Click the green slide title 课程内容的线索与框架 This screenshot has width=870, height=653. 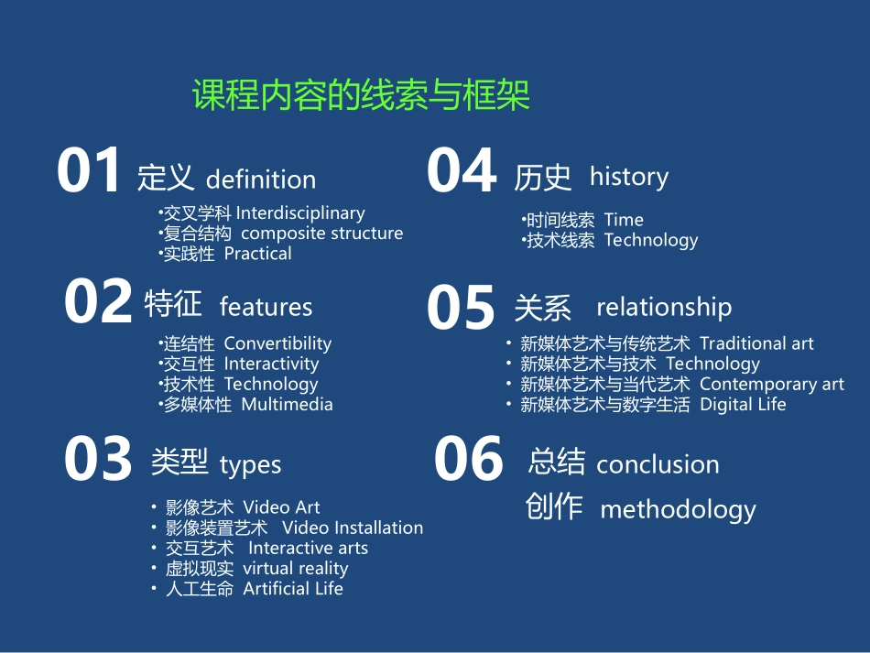[x=361, y=95]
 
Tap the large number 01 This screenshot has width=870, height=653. [x=89, y=171]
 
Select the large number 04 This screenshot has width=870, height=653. [x=462, y=171]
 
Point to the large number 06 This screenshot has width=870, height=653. [x=468, y=460]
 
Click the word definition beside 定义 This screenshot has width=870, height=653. [x=261, y=180]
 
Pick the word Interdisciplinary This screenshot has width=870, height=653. [x=300, y=213]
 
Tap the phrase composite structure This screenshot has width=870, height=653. [x=321, y=234]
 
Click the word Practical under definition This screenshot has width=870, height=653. [x=257, y=254]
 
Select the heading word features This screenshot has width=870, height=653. [x=266, y=307]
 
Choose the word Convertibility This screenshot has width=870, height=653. [x=277, y=344]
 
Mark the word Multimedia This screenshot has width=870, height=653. [x=287, y=405]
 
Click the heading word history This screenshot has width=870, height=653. [x=628, y=176]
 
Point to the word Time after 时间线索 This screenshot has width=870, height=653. [x=624, y=220]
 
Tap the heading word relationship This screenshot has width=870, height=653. [x=663, y=307]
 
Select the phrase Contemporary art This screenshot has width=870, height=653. [x=771, y=385]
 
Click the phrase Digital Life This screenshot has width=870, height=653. [x=743, y=405]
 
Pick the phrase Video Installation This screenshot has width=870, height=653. [x=353, y=528]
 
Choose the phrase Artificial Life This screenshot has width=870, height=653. [x=293, y=589]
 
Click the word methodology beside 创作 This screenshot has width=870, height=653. [x=678, y=509]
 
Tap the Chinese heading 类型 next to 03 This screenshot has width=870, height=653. [x=179, y=463]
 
